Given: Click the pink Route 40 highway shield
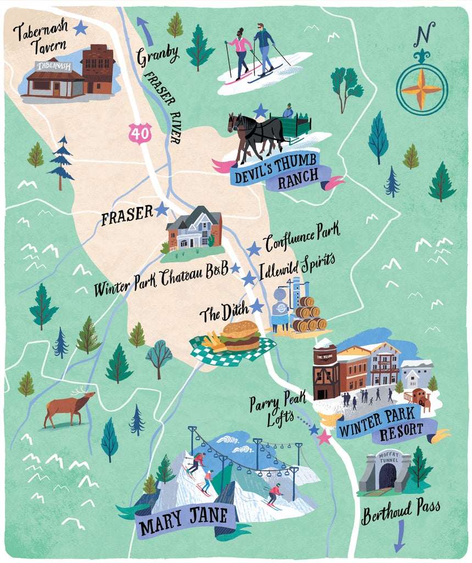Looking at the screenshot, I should (140, 134).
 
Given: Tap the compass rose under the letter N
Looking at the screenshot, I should (421, 89).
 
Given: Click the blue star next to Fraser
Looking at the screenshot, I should (161, 209).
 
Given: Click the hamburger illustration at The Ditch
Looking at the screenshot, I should (240, 335).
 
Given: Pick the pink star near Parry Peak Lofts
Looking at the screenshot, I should (324, 437).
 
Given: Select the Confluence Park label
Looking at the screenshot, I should (302, 236).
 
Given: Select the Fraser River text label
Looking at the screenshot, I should (163, 107).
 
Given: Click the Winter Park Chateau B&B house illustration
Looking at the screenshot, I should (194, 229).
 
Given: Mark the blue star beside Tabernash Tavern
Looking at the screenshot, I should (81, 27).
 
